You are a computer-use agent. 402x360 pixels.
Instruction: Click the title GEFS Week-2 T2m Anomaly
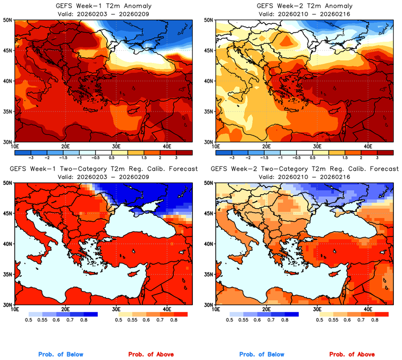tap(305, 5)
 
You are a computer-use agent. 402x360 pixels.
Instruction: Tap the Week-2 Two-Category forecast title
tap(305, 169)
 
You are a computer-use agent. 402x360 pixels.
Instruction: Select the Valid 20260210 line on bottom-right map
tap(305, 177)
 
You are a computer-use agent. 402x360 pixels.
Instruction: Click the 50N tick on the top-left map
tap(8, 20)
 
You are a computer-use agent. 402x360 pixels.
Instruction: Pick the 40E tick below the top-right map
tap(367, 146)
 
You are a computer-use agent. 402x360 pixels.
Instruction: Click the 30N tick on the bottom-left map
tap(8, 305)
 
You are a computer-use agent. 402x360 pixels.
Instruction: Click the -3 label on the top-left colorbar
tap(32, 156)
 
